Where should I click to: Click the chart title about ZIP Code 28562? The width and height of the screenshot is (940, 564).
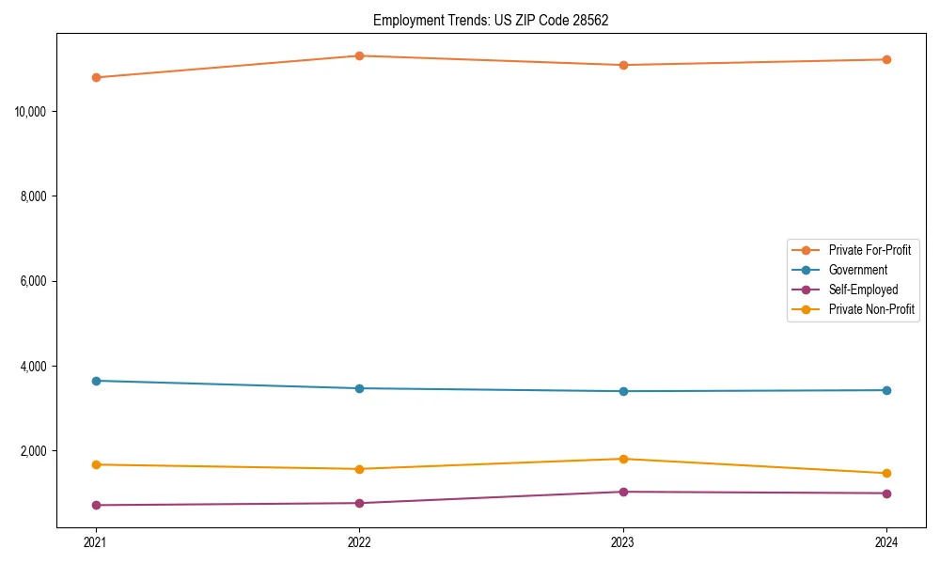pyautogui.click(x=491, y=20)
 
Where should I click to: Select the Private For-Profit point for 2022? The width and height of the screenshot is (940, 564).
pyautogui.click(x=359, y=55)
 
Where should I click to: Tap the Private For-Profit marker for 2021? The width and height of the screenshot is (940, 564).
pyautogui.click(x=96, y=77)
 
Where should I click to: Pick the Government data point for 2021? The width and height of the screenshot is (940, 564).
pyautogui.click(x=96, y=381)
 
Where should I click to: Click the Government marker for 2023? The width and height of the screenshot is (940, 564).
pyautogui.click(x=623, y=391)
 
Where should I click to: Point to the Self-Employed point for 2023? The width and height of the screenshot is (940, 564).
pyautogui.click(x=623, y=492)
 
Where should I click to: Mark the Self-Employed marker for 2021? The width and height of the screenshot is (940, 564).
pyautogui.click(x=96, y=505)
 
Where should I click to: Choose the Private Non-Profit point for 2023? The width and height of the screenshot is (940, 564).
pyautogui.click(x=623, y=459)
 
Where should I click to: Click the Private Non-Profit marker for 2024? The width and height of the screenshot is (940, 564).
pyautogui.click(x=886, y=473)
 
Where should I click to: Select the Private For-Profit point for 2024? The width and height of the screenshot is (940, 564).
pyautogui.click(x=886, y=59)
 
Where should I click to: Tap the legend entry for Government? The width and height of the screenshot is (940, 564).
pyautogui.click(x=857, y=270)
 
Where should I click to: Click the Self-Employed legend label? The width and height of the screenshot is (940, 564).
pyautogui.click(x=863, y=290)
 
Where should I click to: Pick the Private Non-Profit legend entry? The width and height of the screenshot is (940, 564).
pyautogui.click(x=871, y=309)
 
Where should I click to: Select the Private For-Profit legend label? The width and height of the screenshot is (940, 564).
pyautogui.click(x=869, y=250)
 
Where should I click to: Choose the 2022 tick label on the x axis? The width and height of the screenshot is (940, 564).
pyautogui.click(x=359, y=541)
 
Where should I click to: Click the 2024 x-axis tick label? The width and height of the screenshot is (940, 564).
pyautogui.click(x=886, y=541)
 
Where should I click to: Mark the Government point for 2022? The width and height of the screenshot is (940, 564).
pyautogui.click(x=359, y=388)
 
